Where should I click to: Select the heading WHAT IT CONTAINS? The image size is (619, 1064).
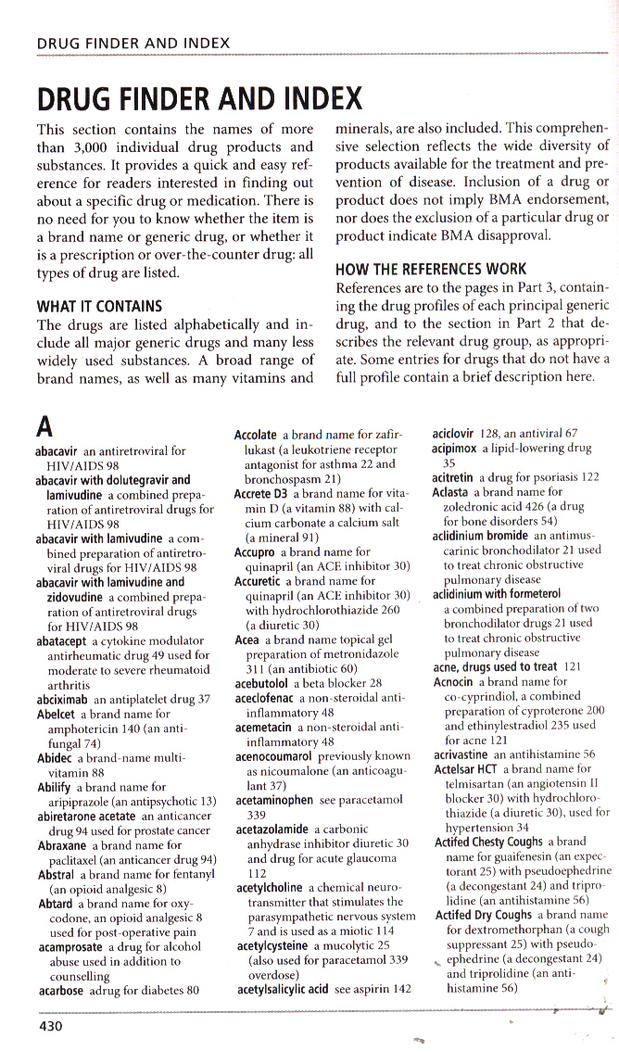(x=99, y=306)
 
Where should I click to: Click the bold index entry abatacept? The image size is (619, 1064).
(x=60, y=640)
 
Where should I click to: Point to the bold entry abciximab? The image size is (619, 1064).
(x=62, y=699)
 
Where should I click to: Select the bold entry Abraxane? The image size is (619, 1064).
(x=62, y=845)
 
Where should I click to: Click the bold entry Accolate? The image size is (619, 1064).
(x=256, y=434)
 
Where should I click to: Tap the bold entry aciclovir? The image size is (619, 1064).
(x=454, y=433)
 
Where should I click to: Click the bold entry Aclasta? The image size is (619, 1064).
(x=450, y=491)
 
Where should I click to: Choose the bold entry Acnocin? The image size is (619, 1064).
(x=454, y=681)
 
